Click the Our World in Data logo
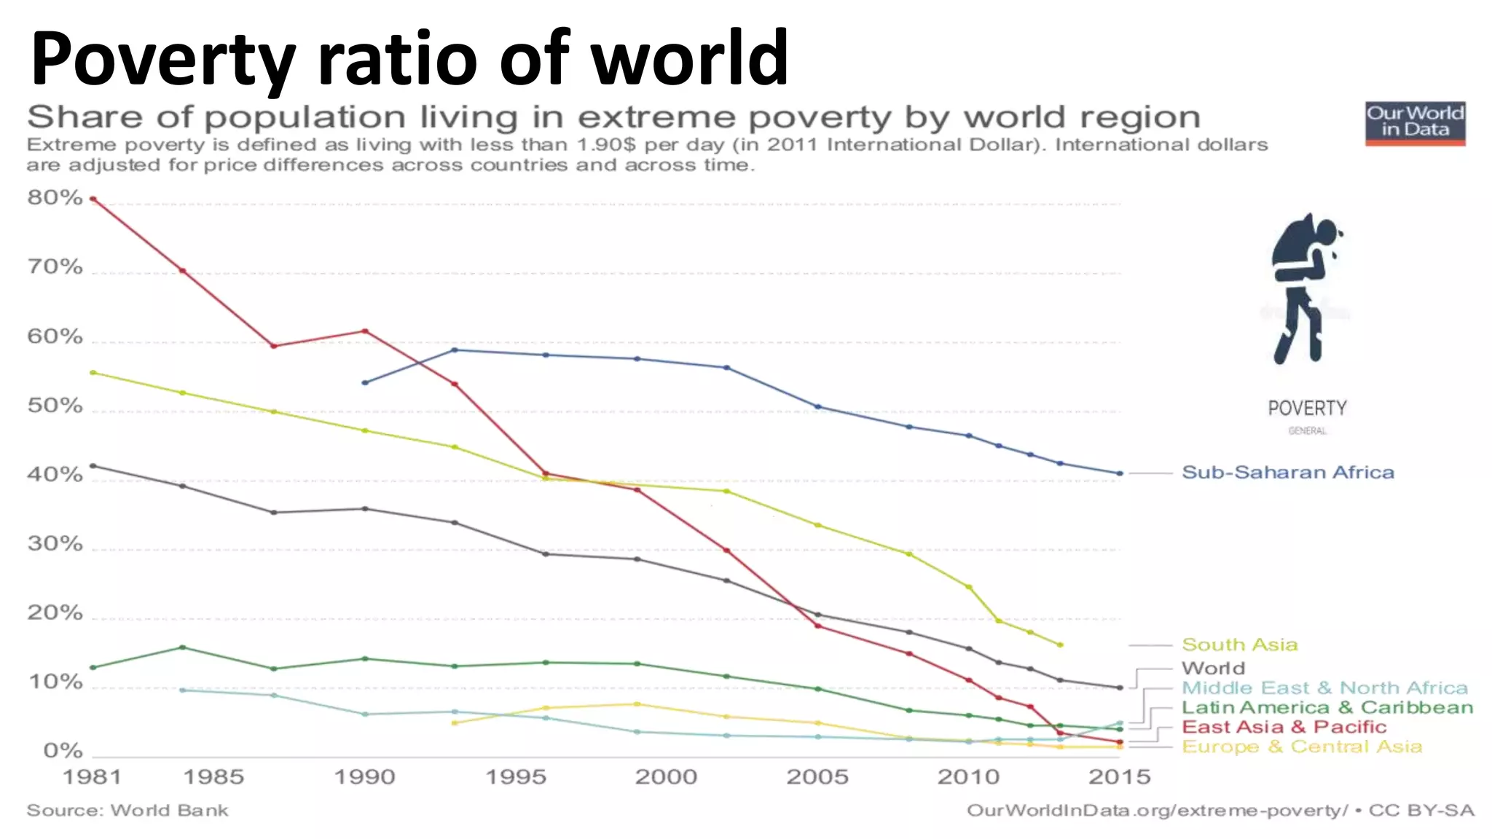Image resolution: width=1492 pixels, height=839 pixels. click(1415, 123)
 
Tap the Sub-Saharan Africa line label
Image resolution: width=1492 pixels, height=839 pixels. click(1287, 473)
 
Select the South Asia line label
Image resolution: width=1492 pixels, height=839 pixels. click(1239, 645)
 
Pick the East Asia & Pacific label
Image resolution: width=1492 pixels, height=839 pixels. click(1284, 727)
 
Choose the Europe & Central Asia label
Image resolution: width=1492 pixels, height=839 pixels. click(1301, 747)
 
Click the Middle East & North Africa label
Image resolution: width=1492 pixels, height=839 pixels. click(1324, 688)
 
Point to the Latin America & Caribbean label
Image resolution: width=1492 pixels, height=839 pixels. click(1327, 707)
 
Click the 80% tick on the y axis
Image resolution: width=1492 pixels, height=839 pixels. click(55, 197)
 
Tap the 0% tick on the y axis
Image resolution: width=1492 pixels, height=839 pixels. click(63, 751)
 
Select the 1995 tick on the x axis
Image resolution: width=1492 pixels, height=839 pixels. click(516, 777)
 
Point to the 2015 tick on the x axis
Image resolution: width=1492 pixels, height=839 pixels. click(1119, 777)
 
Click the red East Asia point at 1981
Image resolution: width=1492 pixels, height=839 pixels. click(93, 199)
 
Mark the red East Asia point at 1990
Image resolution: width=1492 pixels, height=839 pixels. click(365, 331)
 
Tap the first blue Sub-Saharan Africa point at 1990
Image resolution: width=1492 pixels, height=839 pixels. click(365, 382)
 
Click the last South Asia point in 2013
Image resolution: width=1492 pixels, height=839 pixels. click(1060, 645)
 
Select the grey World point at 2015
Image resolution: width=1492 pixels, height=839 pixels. click(1120, 688)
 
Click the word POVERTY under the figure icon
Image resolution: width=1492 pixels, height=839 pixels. click(1307, 408)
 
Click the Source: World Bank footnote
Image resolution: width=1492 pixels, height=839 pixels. click(127, 811)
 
